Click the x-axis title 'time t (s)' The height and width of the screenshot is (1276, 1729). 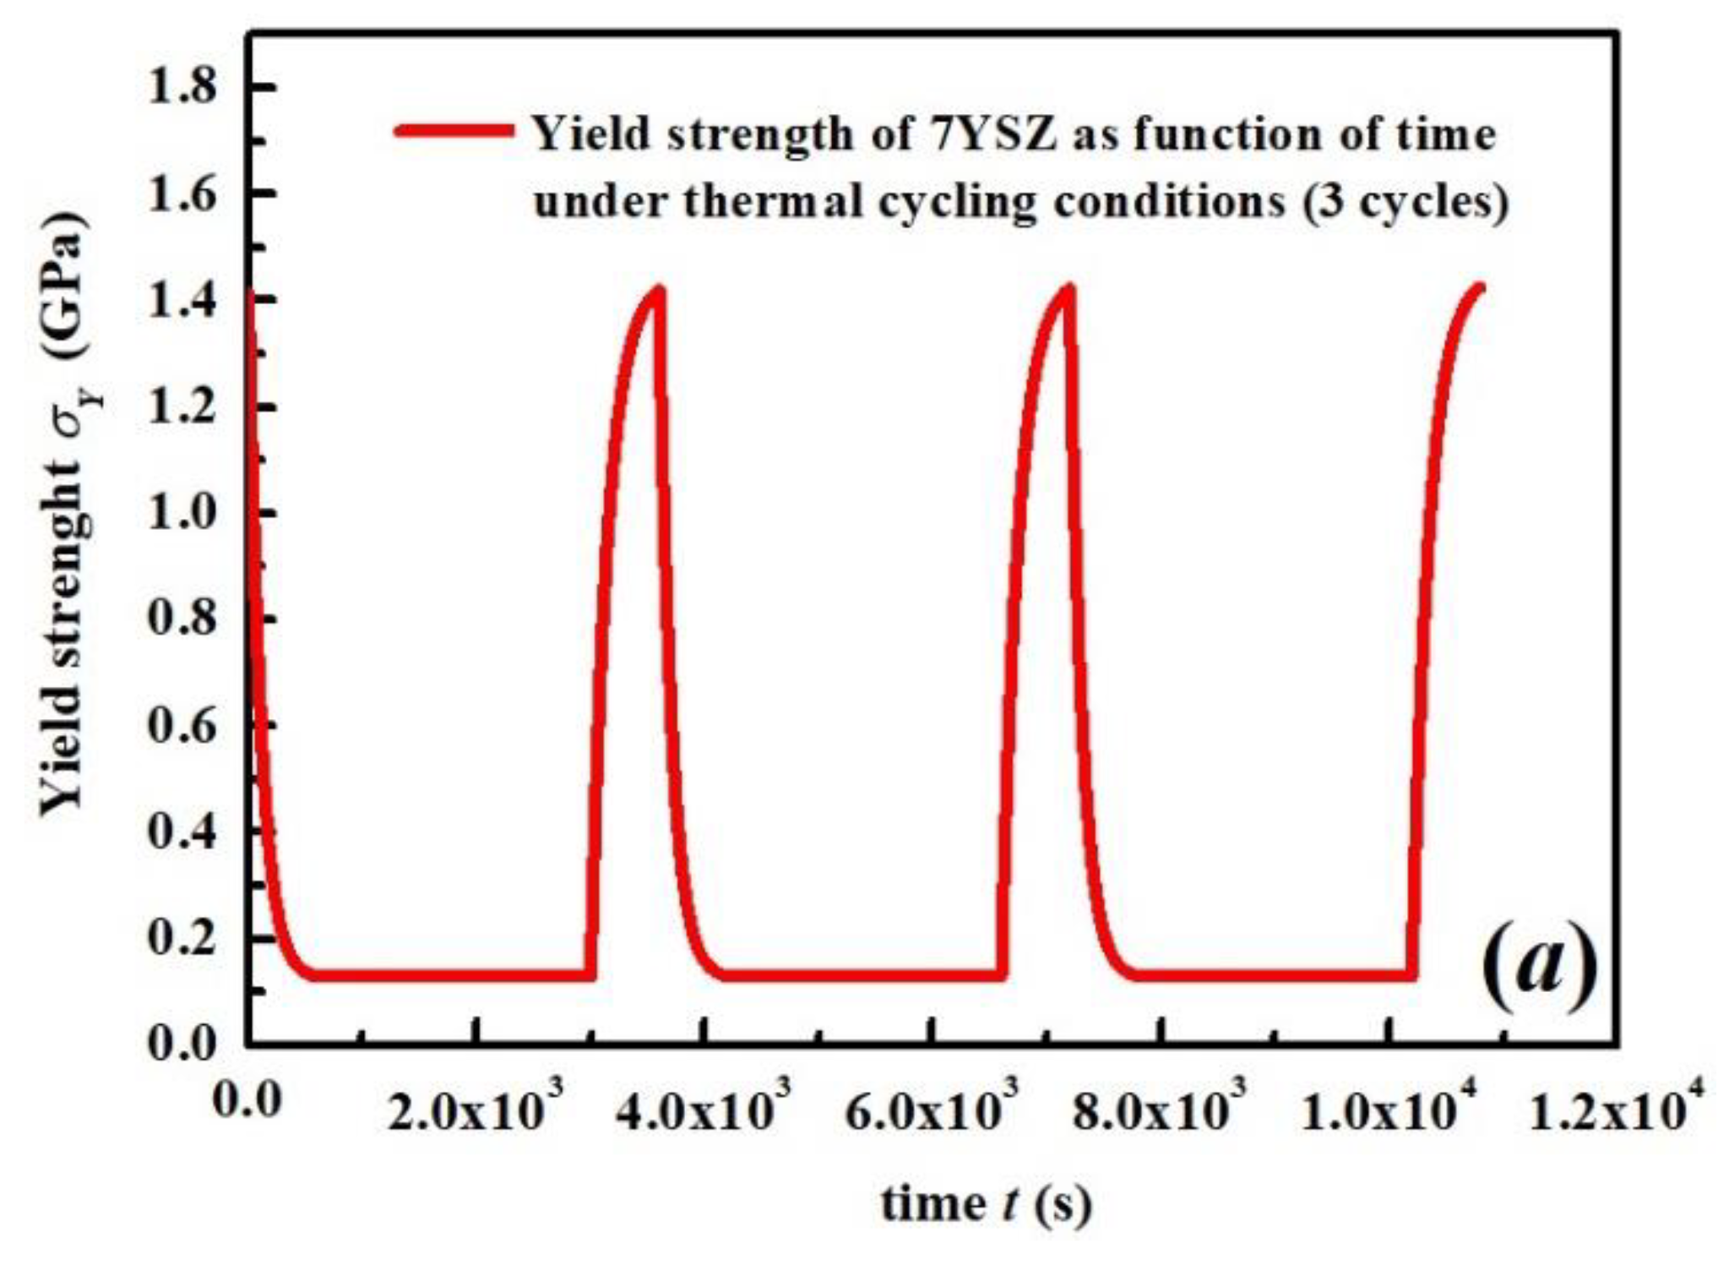(986, 1203)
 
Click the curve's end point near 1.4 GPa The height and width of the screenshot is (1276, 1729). (1480, 288)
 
